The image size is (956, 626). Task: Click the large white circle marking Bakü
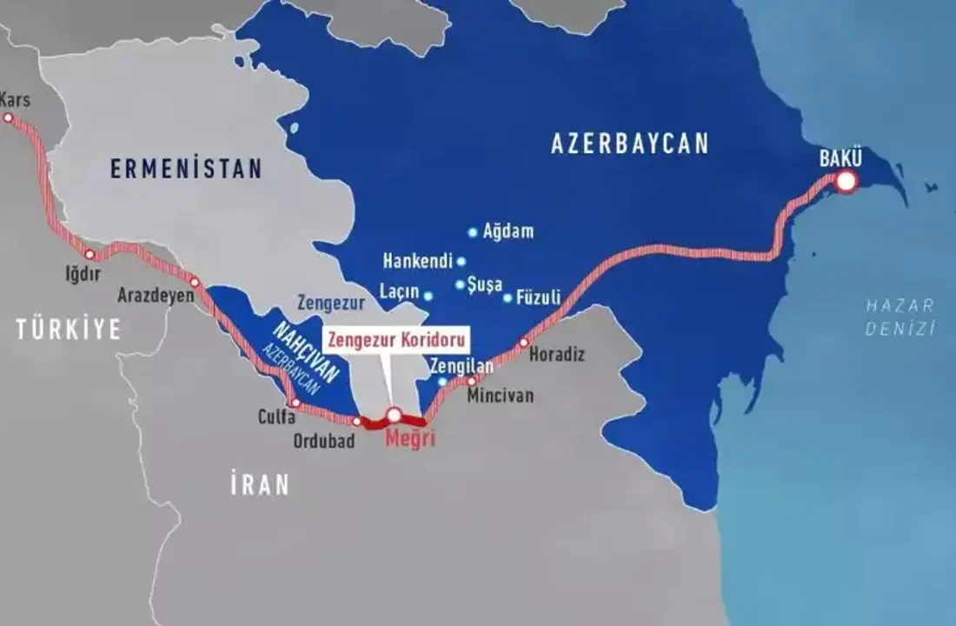point(846,182)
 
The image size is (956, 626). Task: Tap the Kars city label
point(15,100)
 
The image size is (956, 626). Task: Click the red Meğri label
point(408,440)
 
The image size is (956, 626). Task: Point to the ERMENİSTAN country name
point(186,169)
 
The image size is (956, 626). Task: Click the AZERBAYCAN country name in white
point(630,143)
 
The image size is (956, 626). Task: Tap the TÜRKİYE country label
point(68,329)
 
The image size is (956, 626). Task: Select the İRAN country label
point(260,485)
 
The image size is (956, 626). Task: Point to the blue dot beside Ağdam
point(473,232)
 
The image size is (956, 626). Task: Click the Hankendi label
point(418,261)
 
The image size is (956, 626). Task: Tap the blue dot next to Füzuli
point(508,298)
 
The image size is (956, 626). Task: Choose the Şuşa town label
point(484,284)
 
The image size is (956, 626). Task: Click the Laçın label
point(399,291)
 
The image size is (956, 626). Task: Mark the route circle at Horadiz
point(523,343)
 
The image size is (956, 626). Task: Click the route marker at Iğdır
point(90,255)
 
